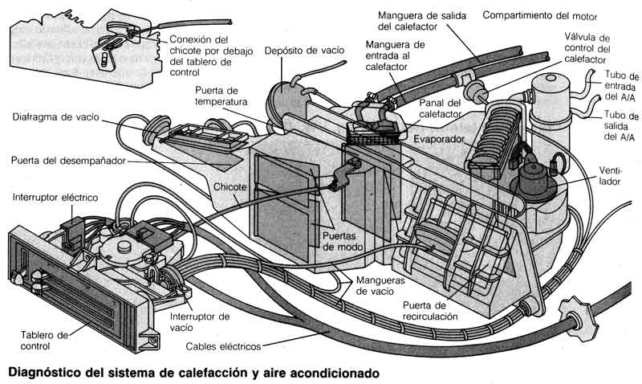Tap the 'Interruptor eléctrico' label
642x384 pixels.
click(x=55, y=196)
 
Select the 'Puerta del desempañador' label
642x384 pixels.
click(x=68, y=161)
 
